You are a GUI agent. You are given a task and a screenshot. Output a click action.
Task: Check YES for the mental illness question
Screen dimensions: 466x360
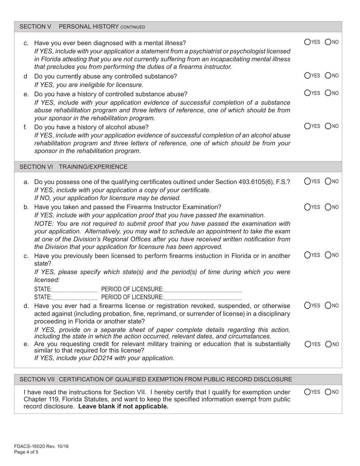click(x=308, y=42)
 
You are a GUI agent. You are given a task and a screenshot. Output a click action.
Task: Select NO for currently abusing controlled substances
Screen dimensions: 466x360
click(x=329, y=75)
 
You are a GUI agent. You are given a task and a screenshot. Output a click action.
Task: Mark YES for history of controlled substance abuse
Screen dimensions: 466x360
click(x=308, y=93)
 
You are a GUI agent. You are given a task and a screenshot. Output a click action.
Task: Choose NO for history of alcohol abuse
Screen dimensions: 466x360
click(x=329, y=126)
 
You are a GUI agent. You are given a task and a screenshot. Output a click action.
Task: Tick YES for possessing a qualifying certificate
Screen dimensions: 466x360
click(x=308, y=181)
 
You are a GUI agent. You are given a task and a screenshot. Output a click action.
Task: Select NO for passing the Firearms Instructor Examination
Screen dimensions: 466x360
click(x=329, y=207)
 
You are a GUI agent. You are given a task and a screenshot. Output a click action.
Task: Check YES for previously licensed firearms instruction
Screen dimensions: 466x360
click(x=308, y=255)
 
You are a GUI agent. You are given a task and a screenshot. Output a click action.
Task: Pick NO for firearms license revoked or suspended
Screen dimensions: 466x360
click(x=329, y=305)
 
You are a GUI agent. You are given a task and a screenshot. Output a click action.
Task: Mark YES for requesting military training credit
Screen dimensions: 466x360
click(x=308, y=344)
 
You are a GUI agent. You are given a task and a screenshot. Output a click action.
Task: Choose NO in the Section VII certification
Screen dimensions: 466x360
click(x=329, y=392)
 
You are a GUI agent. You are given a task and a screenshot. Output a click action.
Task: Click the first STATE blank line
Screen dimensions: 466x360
click(x=75, y=290)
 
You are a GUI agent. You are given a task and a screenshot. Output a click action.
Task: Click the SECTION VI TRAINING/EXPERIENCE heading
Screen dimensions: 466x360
click(x=74, y=167)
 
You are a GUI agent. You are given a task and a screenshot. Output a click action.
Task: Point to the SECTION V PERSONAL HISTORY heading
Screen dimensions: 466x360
click(x=82, y=27)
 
